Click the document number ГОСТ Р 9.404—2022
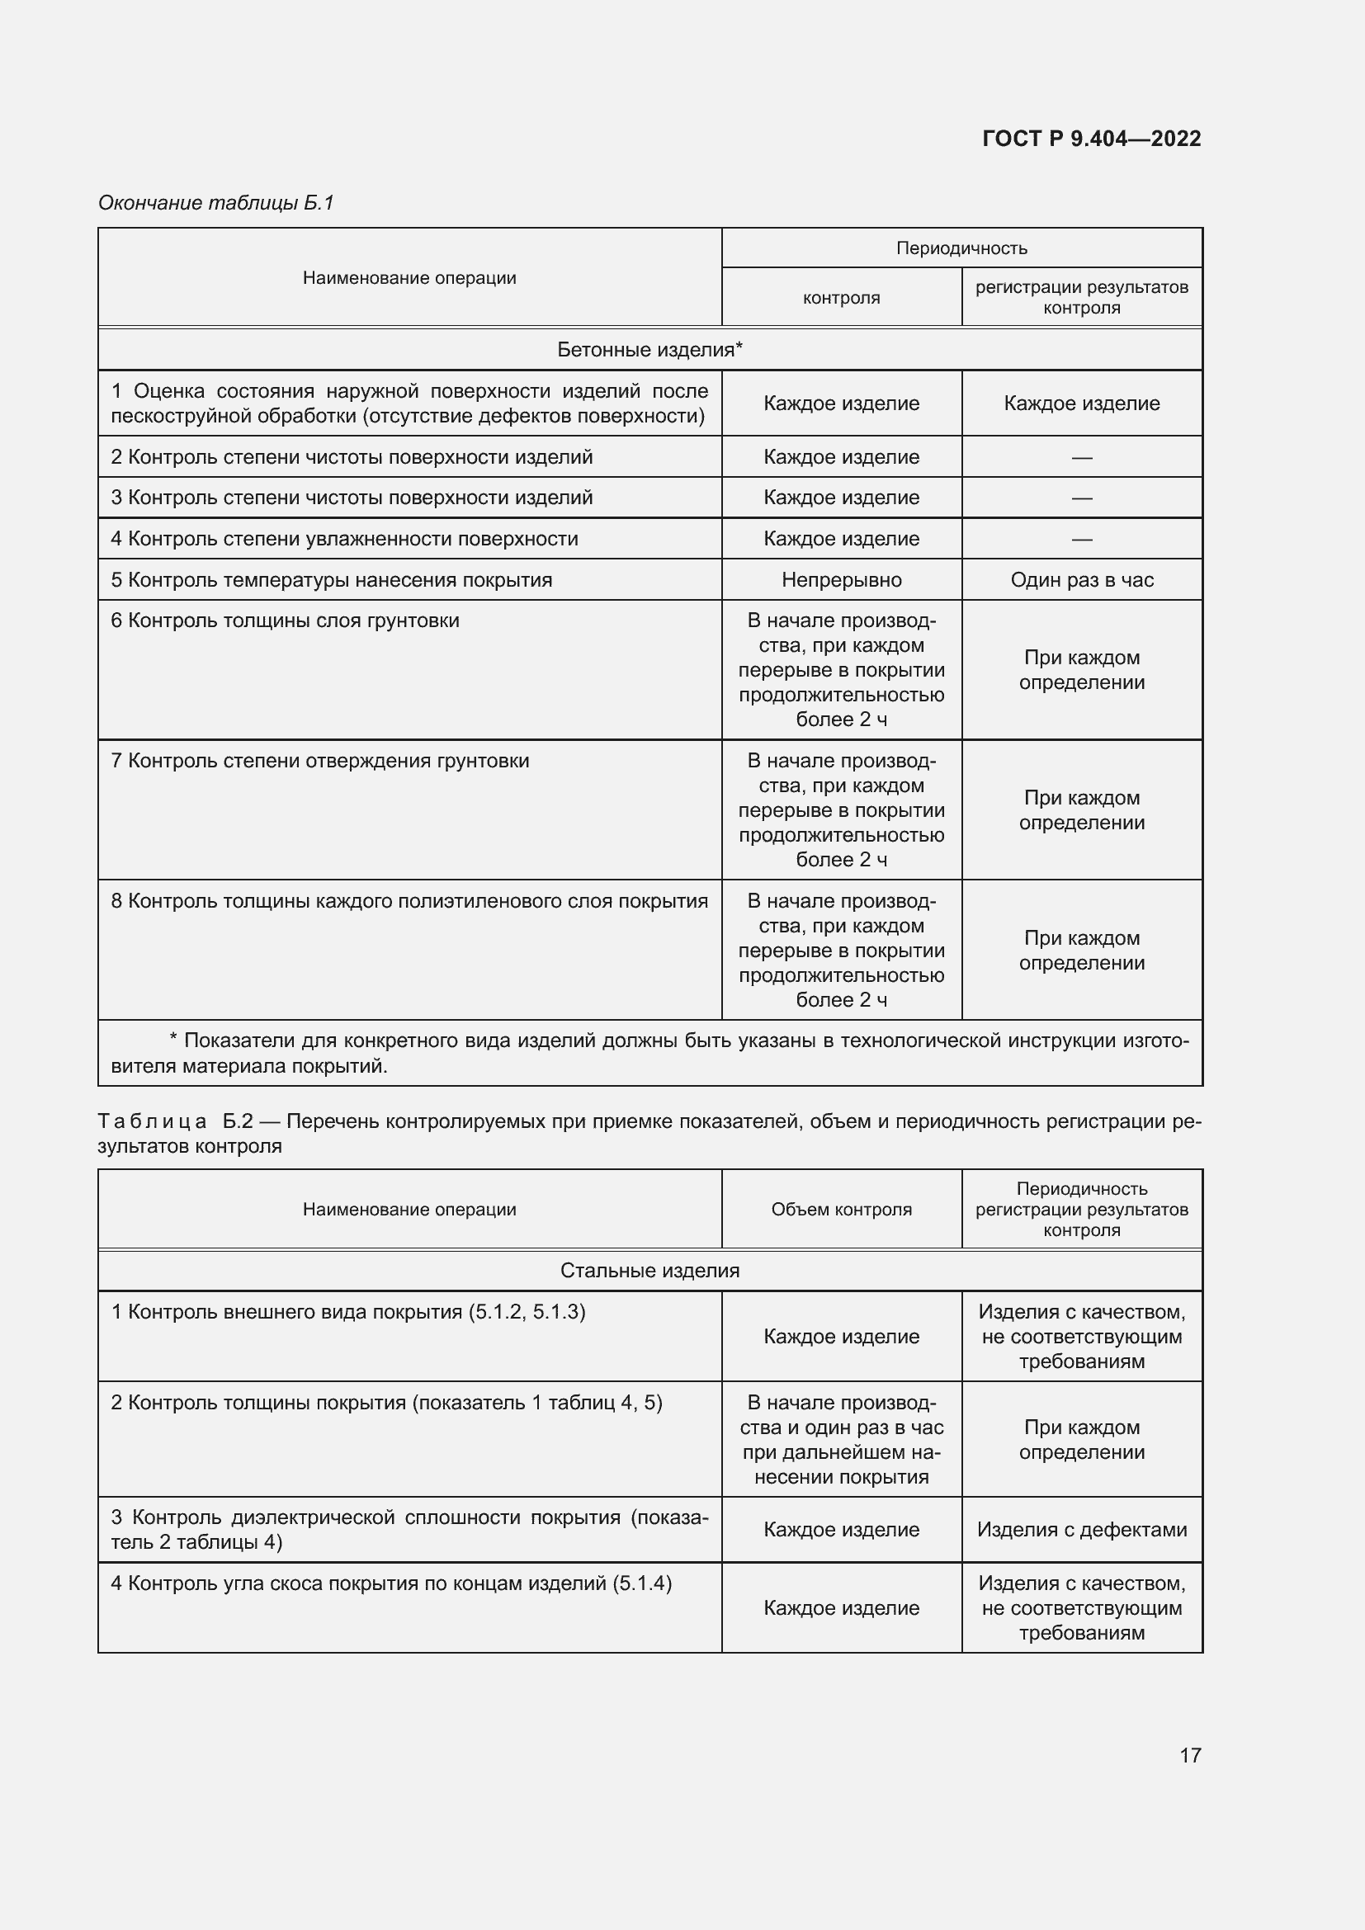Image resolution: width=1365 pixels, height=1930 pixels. point(1091,139)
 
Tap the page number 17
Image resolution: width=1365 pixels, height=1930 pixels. point(1190,1754)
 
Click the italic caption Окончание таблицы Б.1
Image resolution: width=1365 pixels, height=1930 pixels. point(216,203)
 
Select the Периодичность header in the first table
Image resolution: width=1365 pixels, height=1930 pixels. point(961,248)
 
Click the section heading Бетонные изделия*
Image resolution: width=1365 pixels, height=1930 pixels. point(649,350)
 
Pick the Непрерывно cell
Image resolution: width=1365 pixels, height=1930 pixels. point(841,580)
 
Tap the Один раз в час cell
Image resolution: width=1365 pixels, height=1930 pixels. point(1082,580)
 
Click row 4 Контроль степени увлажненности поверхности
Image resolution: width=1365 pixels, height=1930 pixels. point(345,539)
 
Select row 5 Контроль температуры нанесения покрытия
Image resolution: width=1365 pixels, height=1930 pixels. point(332,580)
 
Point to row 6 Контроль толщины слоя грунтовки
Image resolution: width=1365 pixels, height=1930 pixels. point(286,621)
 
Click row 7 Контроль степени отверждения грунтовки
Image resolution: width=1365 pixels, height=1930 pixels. point(320,762)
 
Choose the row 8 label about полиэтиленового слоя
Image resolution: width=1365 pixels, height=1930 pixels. point(409,901)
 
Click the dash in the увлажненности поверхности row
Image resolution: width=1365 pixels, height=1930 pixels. point(1082,539)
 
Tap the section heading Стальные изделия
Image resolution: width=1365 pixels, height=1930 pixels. point(649,1270)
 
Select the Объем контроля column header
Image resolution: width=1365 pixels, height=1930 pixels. point(841,1209)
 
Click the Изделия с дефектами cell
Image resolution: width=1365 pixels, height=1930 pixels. point(1082,1529)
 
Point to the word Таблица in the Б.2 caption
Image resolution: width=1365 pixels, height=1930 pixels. point(152,1121)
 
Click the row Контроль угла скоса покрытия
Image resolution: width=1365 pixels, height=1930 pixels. point(392,1583)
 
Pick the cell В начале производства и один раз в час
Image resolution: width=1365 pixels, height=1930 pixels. point(841,1439)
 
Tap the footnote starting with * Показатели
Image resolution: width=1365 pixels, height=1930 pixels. point(649,1053)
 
